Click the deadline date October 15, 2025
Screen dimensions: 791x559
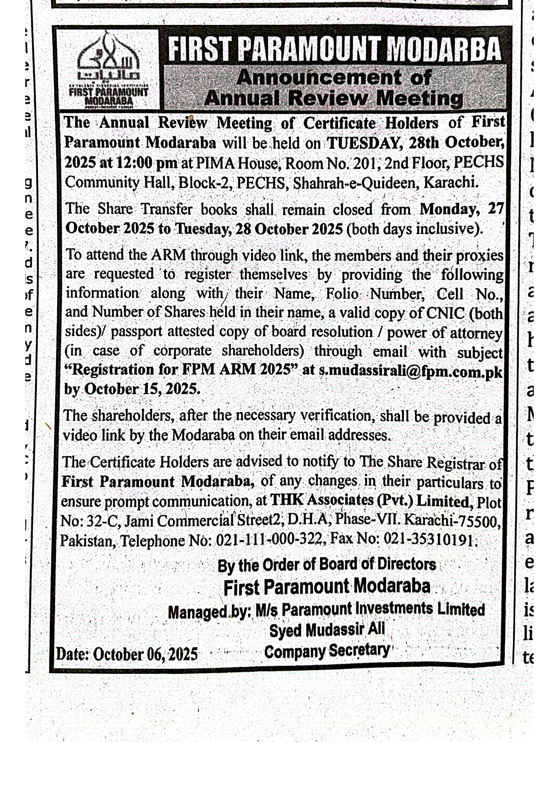pos(142,389)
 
